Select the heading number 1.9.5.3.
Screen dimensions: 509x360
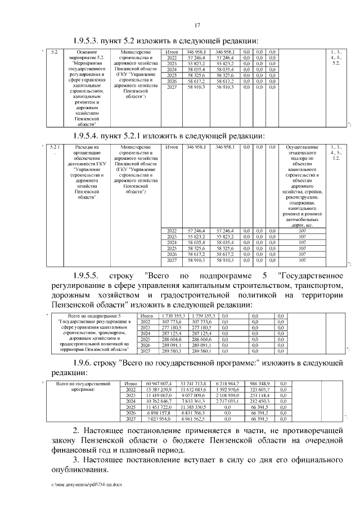90,40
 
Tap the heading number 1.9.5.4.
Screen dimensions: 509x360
90,136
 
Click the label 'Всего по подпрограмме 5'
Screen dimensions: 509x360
93,316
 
